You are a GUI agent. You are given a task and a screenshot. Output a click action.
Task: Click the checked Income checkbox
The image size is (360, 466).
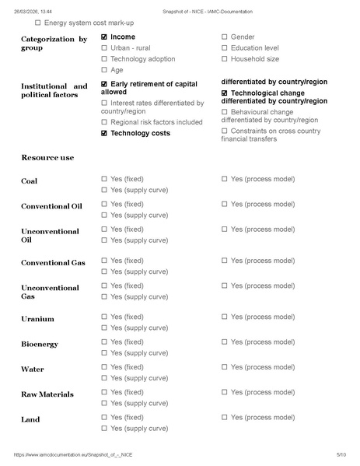(104, 37)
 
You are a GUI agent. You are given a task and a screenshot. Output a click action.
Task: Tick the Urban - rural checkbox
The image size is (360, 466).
(104, 47)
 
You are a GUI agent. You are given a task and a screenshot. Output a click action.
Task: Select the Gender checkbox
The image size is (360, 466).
(225, 37)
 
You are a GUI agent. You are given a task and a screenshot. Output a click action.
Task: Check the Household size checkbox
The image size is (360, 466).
(225, 58)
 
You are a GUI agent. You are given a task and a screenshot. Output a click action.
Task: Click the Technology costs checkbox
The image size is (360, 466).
(104, 133)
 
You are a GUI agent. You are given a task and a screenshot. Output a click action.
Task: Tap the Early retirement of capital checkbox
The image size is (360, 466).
(104, 83)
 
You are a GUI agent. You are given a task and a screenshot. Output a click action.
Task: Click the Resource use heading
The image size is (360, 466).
(47, 157)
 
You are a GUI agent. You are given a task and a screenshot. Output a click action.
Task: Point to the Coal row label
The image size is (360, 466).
(29, 181)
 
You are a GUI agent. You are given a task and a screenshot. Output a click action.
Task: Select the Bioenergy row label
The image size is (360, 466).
(39, 344)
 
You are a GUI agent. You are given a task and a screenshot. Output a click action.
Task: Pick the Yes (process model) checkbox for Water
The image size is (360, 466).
(225, 366)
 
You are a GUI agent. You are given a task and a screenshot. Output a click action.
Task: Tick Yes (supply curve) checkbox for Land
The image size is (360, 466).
(104, 428)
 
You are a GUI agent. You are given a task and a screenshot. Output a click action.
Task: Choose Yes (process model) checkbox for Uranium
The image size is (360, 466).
(225, 317)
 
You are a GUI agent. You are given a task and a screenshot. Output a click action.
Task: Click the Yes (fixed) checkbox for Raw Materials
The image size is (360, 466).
(104, 392)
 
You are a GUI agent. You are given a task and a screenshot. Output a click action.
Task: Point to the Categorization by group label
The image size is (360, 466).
(54, 44)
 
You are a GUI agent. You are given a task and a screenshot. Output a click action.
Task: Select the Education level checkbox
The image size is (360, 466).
(225, 47)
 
